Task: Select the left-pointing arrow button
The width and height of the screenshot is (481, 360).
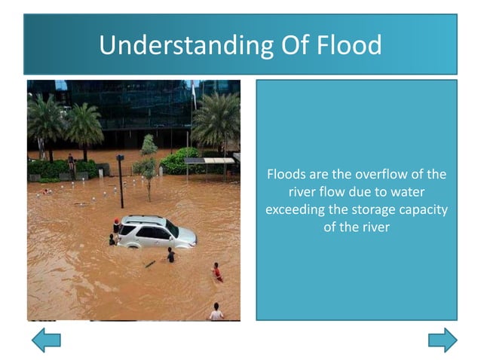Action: (x=45, y=340)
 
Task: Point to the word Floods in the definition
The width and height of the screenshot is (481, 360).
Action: (x=286, y=175)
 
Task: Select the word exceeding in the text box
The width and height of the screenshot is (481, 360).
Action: (x=296, y=209)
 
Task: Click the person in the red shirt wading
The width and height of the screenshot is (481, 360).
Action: (x=217, y=272)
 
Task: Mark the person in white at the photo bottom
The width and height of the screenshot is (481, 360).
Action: (x=216, y=312)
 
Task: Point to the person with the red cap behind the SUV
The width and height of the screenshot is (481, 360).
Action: (x=116, y=226)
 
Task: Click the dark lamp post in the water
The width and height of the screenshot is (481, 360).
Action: (x=121, y=181)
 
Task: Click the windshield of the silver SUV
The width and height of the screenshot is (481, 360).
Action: (x=172, y=228)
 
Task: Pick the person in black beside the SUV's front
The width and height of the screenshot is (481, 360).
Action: (x=171, y=255)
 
